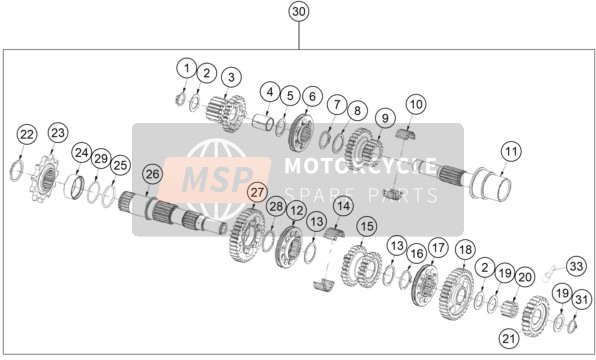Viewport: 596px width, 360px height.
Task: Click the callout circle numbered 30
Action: [x=299, y=12]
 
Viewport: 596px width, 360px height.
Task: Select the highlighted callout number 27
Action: [x=257, y=192]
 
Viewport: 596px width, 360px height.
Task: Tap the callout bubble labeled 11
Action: [x=511, y=151]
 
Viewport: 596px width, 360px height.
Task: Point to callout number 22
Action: [x=27, y=135]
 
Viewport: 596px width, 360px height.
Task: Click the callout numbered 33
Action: [x=576, y=266]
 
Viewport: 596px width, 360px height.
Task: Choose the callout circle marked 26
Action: [x=152, y=174]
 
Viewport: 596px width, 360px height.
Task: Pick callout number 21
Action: [x=509, y=338]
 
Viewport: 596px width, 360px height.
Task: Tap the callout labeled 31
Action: [x=582, y=300]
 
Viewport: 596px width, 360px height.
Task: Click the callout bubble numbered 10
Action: [x=416, y=104]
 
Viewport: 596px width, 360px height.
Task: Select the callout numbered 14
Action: [x=343, y=206]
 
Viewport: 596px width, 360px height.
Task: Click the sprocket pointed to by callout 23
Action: [x=45, y=178]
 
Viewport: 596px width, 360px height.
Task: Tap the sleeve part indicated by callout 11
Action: [x=490, y=182]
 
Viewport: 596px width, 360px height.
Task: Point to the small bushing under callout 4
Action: [x=264, y=120]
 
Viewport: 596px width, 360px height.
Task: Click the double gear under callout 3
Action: [x=227, y=113]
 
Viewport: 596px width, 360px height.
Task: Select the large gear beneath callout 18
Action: [x=456, y=293]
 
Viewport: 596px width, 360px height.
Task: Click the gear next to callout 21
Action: [x=536, y=317]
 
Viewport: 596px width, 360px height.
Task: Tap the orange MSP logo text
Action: [x=217, y=178]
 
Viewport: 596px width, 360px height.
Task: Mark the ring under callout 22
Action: [x=17, y=171]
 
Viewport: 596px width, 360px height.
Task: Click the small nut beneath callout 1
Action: [x=180, y=99]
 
